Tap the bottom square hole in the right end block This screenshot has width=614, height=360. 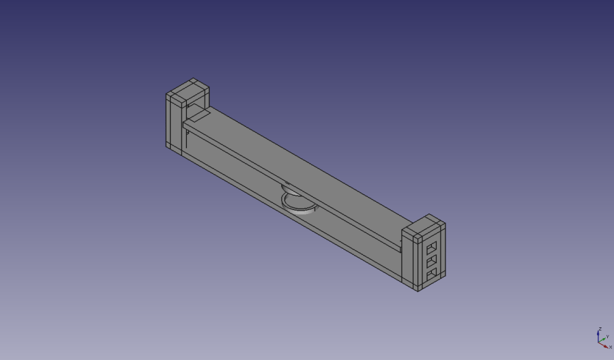tap(431, 274)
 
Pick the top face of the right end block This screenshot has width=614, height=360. tap(424, 227)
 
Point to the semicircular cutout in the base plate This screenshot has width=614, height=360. tap(298, 203)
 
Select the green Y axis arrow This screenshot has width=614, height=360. tap(604, 339)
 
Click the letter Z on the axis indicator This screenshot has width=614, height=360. tap(599, 329)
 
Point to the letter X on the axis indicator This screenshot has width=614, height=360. tap(610, 348)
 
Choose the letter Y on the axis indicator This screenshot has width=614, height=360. tap(607, 336)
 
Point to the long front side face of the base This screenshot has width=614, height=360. tap(293, 218)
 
